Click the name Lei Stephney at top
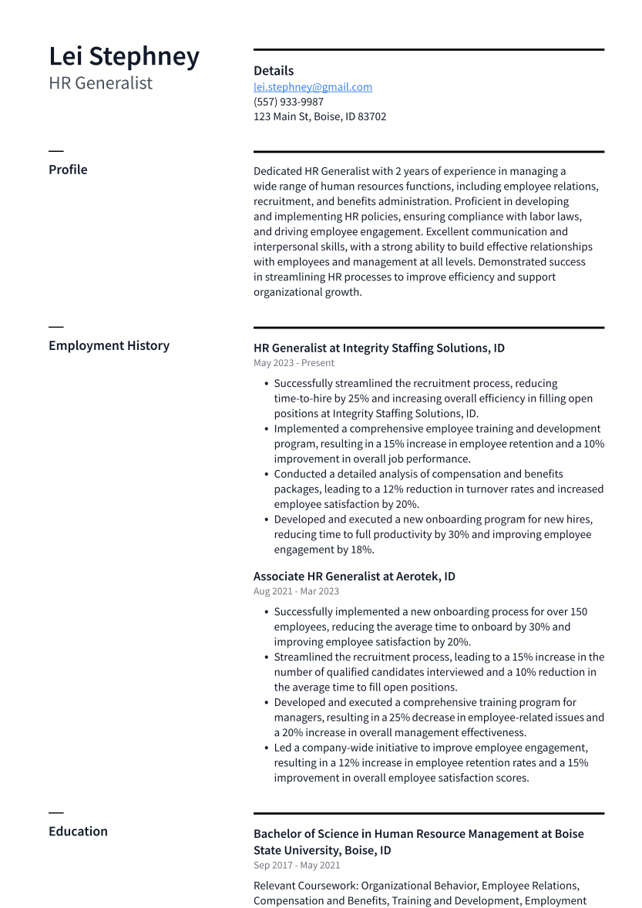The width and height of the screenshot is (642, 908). coord(124,57)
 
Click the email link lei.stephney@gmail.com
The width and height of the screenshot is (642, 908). coord(313,87)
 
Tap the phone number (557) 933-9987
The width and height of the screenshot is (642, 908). coord(288,102)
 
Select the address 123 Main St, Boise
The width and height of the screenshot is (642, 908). coord(320,116)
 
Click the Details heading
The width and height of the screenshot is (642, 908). coord(274,71)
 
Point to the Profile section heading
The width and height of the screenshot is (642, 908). coord(68,170)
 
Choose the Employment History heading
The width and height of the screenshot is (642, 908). coord(109,345)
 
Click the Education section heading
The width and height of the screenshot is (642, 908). coord(78,831)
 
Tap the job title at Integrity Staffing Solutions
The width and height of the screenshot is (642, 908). coord(378,348)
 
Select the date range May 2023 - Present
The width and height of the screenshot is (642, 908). coord(294,363)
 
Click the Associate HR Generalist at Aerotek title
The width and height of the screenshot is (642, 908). coord(354,577)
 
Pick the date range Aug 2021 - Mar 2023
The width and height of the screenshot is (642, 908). coord(296,591)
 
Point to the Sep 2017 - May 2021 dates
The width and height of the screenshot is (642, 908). coord(297,866)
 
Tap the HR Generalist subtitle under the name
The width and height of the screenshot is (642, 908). coord(101,83)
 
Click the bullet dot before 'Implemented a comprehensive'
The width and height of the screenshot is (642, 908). coord(266,429)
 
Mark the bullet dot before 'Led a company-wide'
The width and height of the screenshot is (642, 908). coord(266,748)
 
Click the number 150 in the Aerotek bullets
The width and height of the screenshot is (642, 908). coord(578,612)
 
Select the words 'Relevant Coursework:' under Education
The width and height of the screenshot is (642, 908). coord(306,886)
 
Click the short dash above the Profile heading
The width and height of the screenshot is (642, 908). coord(55,151)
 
